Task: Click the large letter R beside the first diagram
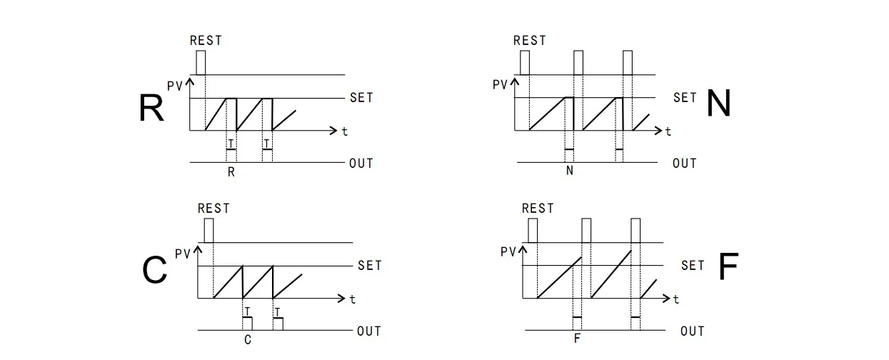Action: [151, 108]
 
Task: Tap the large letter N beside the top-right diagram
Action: [718, 104]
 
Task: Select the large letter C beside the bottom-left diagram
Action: [155, 271]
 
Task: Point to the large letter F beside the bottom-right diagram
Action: [728, 268]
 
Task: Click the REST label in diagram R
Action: [206, 41]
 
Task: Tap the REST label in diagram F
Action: [538, 209]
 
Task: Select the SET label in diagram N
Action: [685, 97]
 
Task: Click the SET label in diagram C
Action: [370, 266]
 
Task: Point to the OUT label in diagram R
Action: [361, 164]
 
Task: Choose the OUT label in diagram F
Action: [693, 331]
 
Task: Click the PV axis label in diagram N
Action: [501, 85]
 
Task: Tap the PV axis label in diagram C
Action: [183, 254]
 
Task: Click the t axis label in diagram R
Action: [345, 131]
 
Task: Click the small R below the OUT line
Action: [231, 172]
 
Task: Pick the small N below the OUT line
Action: [569, 171]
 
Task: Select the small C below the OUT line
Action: [248, 340]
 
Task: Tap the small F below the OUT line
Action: [577, 339]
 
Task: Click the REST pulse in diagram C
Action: [209, 230]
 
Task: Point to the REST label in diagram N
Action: [530, 41]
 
